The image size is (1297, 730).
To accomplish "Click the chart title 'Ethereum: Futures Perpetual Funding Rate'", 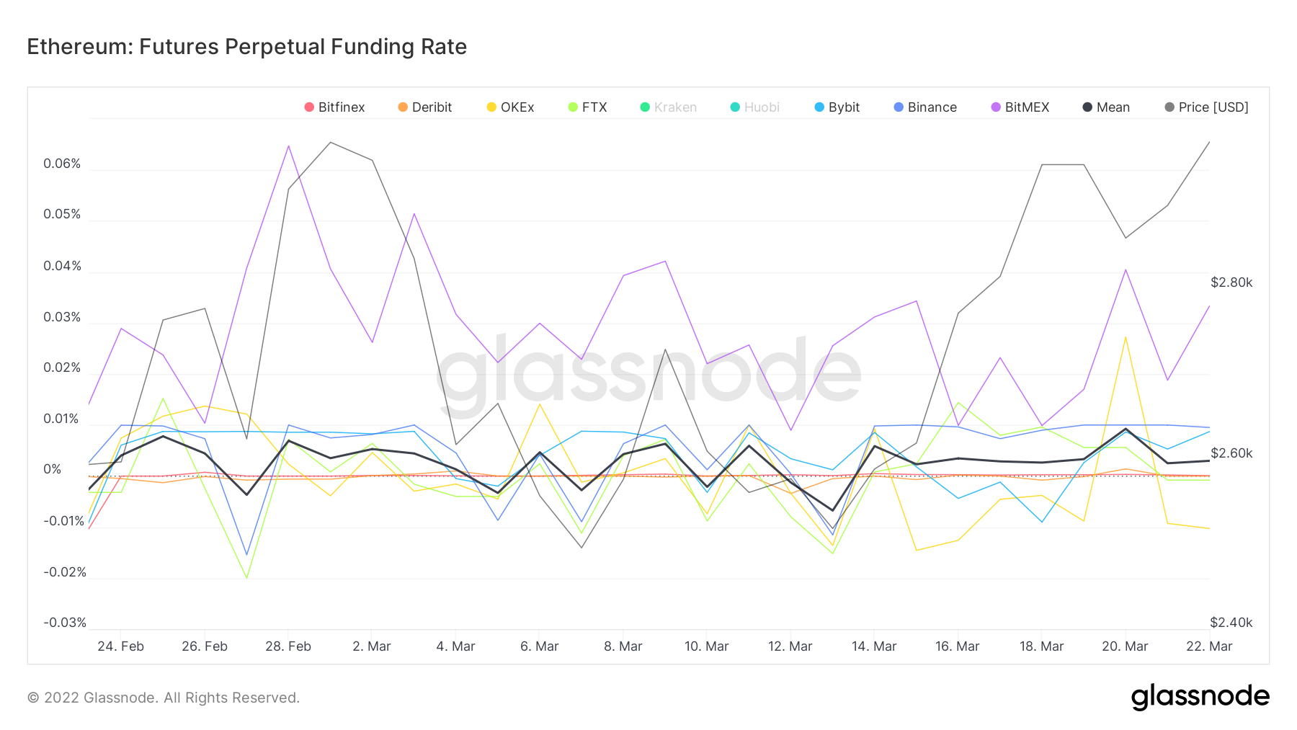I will tap(246, 47).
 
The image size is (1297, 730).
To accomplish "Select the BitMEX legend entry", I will tap(1020, 107).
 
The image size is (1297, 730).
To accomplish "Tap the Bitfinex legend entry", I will tap(334, 107).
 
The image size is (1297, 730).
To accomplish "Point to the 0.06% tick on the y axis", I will tap(62, 164).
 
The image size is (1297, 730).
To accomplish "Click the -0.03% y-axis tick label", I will tap(65, 623).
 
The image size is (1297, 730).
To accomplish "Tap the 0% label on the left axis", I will tap(53, 469).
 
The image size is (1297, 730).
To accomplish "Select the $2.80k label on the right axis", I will tap(1231, 282).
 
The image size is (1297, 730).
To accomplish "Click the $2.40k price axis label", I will tap(1231, 623).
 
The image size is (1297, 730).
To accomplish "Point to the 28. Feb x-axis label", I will tap(288, 646).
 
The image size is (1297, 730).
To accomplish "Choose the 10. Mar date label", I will tap(706, 646).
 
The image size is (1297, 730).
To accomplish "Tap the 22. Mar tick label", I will tap(1208, 646).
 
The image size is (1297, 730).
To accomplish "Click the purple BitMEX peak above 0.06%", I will tap(288, 146).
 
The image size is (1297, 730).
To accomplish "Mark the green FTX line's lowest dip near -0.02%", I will tap(246, 577).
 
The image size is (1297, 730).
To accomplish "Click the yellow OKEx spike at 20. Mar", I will tap(1125, 337).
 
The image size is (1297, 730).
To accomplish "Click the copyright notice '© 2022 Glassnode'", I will tap(163, 698).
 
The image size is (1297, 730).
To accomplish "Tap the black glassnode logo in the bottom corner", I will tap(1200, 697).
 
